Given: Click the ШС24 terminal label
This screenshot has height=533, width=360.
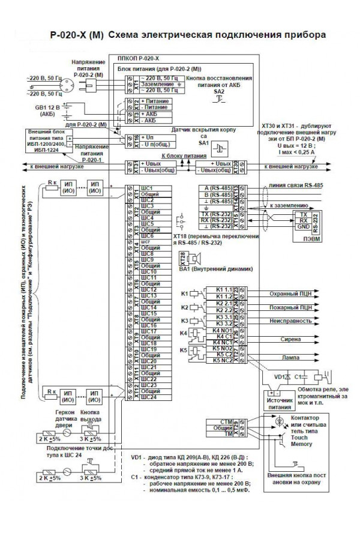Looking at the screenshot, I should [x=149, y=397].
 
